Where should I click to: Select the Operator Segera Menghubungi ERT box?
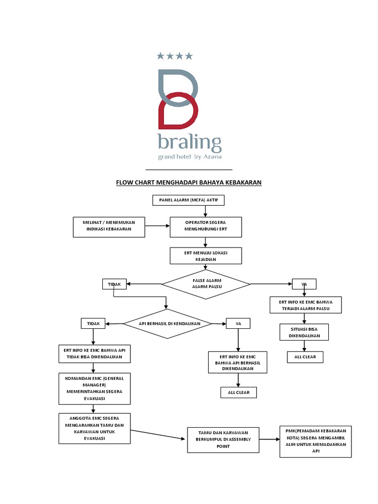point(206,226)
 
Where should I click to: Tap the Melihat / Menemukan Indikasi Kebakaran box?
point(109,226)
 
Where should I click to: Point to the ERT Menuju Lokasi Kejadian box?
point(206,256)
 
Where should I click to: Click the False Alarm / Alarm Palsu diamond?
point(206,284)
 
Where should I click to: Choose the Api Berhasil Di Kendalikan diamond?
point(168,323)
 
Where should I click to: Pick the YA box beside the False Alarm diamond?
point(305,284)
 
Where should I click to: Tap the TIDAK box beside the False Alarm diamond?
point(114,284)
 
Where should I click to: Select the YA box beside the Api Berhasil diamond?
point(238,323)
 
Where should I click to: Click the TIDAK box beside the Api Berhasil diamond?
point(94,323)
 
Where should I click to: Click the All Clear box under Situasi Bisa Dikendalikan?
point(305,357)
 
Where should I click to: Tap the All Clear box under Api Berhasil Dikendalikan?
point(238,392)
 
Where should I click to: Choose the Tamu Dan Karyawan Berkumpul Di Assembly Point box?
point(222,440)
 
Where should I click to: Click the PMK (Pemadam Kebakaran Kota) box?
point(315,441)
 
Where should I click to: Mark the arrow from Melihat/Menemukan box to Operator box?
point(157,226)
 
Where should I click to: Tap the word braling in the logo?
point(189,143)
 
